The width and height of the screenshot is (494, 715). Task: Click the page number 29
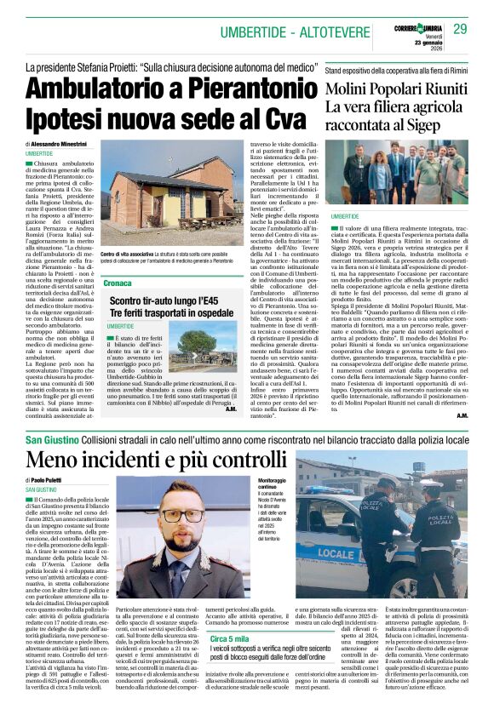[x=460, y=30]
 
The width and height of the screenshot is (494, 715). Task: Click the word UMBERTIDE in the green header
[x=254, y=31]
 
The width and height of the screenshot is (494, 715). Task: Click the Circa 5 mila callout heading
[x=231, y=638]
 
